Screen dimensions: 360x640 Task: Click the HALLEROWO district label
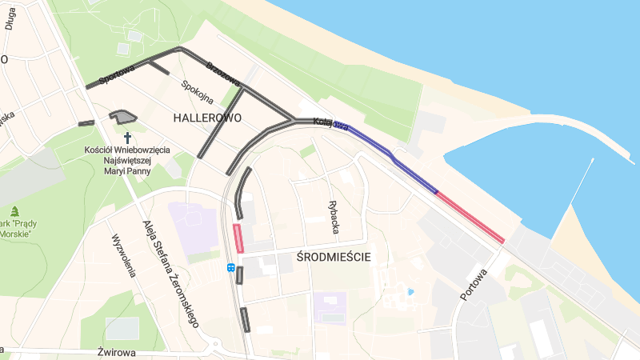[x=207, y=118]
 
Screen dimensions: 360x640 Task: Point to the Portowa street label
[x=474, y=284]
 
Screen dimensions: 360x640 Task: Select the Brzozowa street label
[x=223, y=74]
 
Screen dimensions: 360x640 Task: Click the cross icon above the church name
[x=127, y=138]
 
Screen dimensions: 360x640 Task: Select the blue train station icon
[x=230, y=268]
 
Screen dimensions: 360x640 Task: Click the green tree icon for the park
[x=14, y=211]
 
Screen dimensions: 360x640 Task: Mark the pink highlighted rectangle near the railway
[x=238, y=238]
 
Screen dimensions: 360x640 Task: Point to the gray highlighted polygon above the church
[x=124, y=118]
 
